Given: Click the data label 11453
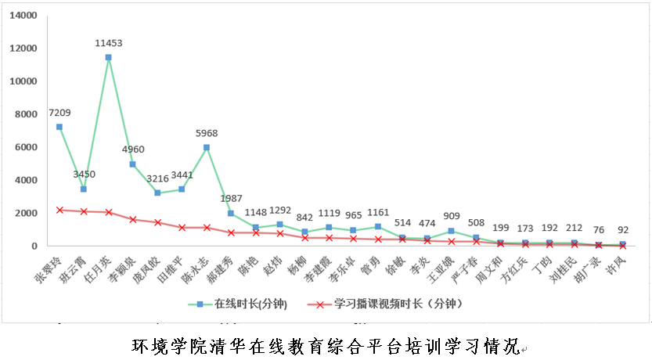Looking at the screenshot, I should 108,43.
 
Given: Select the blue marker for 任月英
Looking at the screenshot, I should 108,57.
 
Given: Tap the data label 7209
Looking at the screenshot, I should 60,113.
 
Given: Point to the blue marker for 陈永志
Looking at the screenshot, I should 207,147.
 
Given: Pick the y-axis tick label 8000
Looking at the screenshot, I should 26,114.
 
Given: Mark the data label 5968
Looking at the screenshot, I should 207,132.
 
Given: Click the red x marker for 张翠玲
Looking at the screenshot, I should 59,210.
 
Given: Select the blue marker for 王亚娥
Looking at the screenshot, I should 452,231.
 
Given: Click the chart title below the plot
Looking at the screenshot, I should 325,344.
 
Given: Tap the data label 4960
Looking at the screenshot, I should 133,149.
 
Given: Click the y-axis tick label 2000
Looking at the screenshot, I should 26,213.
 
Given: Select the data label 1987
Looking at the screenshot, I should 232,198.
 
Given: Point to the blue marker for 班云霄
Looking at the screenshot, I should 84,189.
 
